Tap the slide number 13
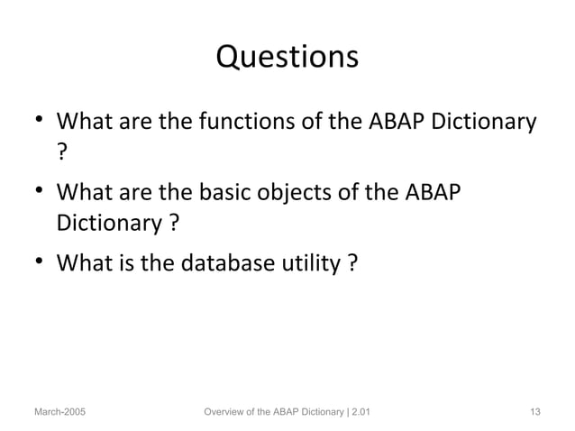[534, 412]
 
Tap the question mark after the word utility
[350, 263]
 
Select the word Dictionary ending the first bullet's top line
[484, 120]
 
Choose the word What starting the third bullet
[83, 263]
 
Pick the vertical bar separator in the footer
[341, 412]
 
